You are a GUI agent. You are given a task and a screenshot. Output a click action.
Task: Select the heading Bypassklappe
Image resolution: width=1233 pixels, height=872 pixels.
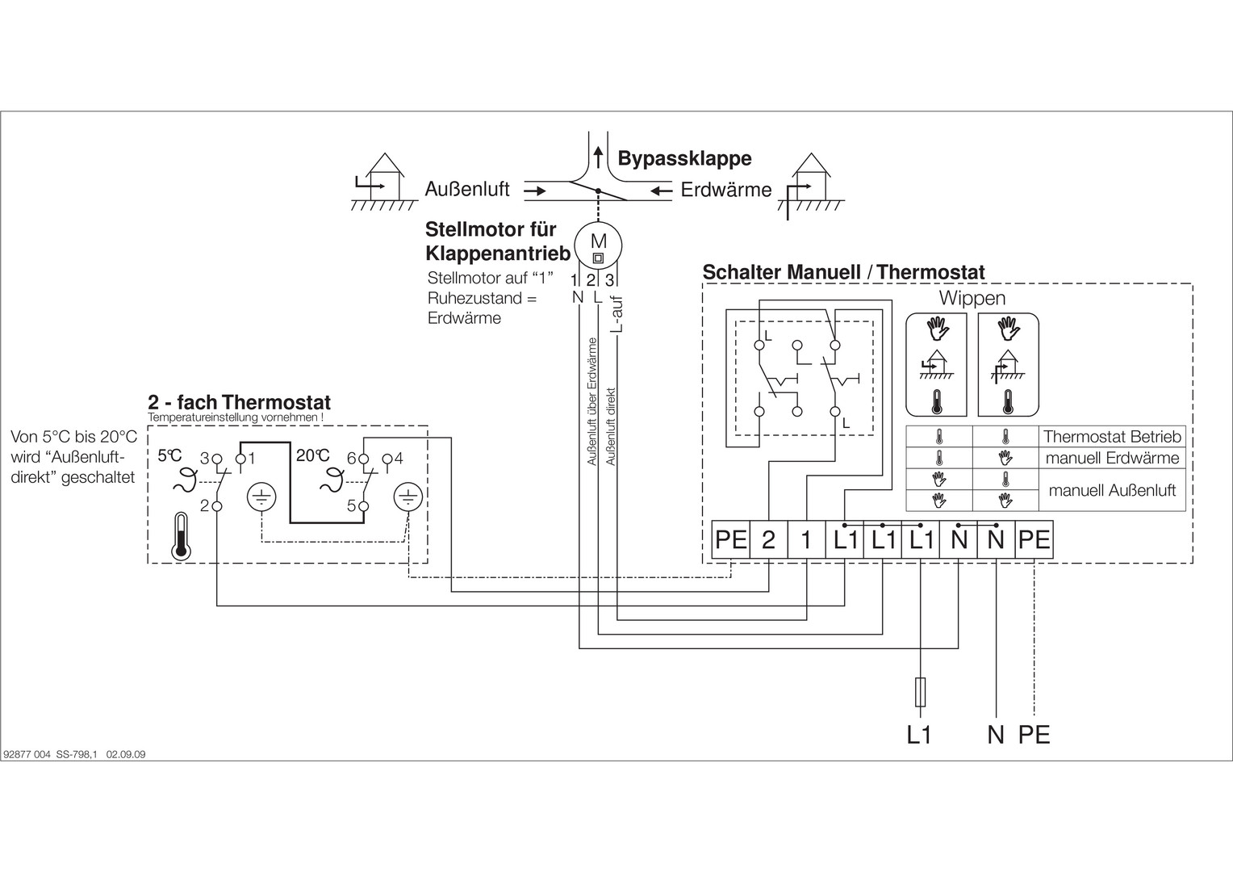(684, 158)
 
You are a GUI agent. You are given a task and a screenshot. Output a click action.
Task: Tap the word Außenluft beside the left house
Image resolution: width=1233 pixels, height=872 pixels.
(467, 190)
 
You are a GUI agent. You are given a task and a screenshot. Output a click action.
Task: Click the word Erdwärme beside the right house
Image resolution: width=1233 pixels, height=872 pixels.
(726, 191)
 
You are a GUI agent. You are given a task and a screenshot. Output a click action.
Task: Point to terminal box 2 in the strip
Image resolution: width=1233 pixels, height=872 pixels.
(768, 539)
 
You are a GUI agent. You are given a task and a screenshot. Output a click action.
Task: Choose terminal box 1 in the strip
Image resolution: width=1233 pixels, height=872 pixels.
(805, 539)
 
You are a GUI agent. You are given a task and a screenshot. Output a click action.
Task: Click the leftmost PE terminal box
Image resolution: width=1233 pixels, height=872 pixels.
(731, 539)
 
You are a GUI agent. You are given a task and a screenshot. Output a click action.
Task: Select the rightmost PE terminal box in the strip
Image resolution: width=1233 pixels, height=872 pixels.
(1034, 539)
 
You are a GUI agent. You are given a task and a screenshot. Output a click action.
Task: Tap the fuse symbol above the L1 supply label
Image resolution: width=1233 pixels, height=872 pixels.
(921, 692)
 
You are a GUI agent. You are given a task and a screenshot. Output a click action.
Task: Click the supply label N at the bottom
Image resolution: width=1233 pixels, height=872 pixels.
(996, 735)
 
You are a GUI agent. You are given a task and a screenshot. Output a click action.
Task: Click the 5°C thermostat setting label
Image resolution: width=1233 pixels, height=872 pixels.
(169, 455)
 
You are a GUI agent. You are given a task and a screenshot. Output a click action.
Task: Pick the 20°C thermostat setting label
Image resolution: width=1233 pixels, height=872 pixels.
(312, 455)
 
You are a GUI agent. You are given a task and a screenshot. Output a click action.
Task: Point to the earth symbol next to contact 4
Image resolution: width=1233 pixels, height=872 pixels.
(408, 498)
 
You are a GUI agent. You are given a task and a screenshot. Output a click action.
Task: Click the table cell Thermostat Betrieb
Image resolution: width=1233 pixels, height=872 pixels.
(1111, 437)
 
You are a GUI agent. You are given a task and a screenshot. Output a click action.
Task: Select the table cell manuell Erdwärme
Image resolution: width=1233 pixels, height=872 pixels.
(1111, 459)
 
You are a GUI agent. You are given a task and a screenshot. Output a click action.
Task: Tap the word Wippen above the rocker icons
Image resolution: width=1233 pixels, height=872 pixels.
(972, 298)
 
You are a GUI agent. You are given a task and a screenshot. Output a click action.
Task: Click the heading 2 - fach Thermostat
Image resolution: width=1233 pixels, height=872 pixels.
(239, 402)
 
